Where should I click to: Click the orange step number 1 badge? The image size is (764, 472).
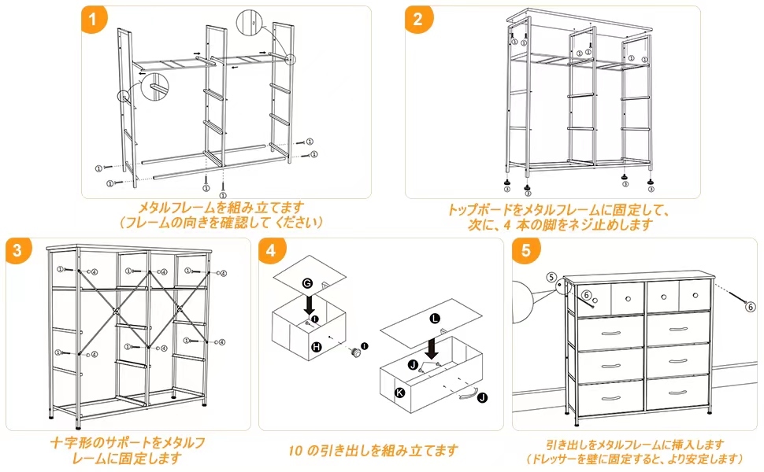tap(94, 20)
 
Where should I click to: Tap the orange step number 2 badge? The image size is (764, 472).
tap(418, 20)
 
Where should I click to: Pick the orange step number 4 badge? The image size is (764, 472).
tap(272, 251)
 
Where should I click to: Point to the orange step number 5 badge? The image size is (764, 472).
tap(524, 251)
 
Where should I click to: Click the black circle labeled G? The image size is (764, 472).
tap(307, 282)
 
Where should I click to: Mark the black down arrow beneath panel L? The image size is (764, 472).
tap(432, 346)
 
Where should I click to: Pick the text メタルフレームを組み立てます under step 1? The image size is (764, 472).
tap(221, 208)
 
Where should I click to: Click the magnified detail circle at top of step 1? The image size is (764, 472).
tap(249, 23)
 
